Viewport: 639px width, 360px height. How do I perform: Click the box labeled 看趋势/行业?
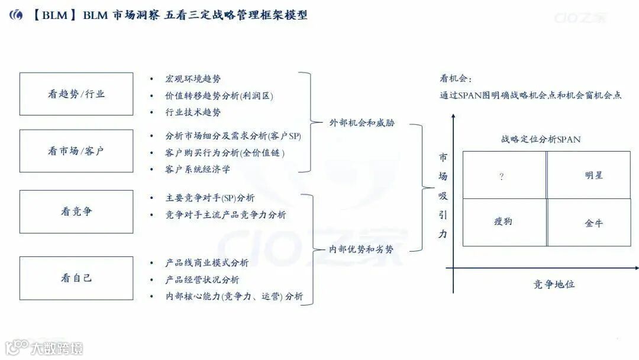click(76, 94)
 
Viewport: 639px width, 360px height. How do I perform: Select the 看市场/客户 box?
click(76, 151)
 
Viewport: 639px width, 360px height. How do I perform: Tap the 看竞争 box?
click(76, 211)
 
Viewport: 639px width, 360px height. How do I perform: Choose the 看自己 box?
click(76, 278)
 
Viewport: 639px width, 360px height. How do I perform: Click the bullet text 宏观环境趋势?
click(193, 79)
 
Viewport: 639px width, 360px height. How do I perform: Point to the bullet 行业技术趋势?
click(193, 112)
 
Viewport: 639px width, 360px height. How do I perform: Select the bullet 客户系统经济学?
click(198, 169)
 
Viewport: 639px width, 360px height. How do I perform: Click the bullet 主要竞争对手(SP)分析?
click(210, 198)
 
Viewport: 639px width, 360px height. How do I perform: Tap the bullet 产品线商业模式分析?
click(207, 263)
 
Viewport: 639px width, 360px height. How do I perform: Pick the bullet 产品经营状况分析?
click(202, 279)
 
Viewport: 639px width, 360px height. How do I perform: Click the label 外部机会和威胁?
click(362, 123)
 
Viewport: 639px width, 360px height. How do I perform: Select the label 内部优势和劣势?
click(362, 249)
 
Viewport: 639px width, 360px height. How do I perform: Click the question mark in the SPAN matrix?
click(502, 176)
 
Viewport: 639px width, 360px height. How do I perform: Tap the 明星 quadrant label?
click(593, 175)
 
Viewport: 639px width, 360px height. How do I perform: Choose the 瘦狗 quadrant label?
click(503, 221)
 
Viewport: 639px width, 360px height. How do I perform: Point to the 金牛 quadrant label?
click(593, 224)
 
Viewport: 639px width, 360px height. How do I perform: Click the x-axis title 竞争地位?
click(553, 284)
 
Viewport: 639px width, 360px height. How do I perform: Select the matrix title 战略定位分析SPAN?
click(541, 140)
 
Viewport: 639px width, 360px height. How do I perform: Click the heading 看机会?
click(456, 79)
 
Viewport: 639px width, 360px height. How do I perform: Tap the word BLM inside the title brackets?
click(54, 15)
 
